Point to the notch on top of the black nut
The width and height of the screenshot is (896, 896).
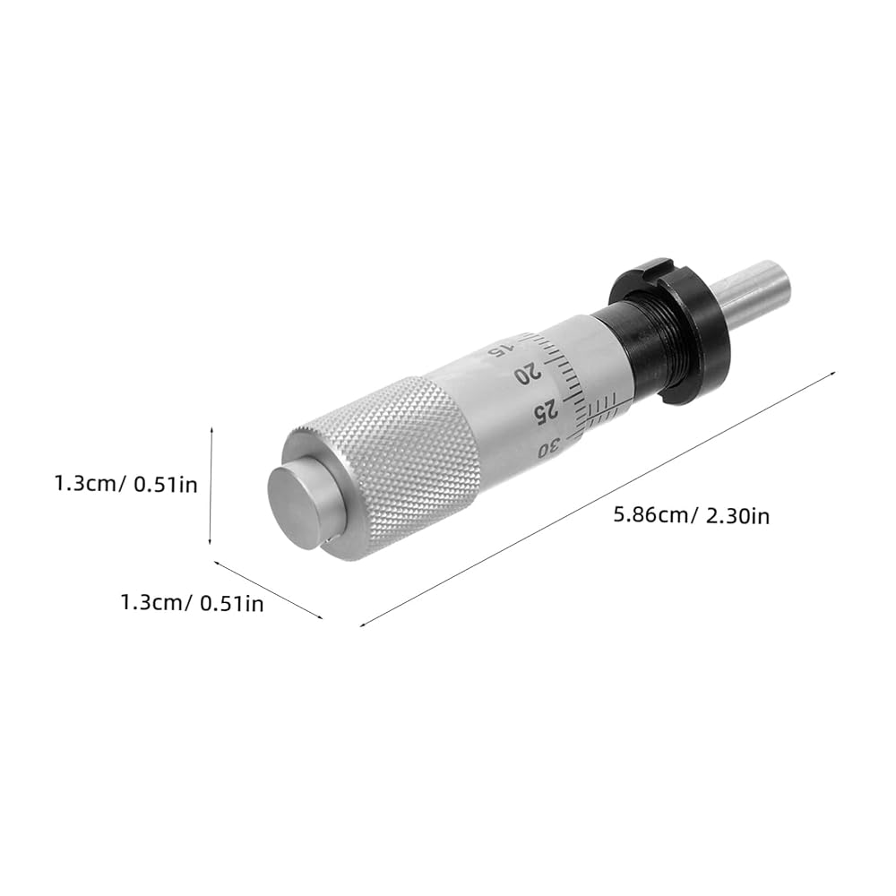[x=655, y=264]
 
